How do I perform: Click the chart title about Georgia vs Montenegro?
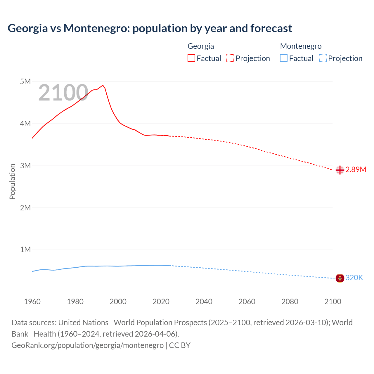pos(150,28)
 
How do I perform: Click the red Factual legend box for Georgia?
pos(191,58)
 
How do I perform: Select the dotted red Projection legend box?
pos(230,58)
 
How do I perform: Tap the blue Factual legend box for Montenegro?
pos(284,58)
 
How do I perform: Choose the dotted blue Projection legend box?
pos(323,58)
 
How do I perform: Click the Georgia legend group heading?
pos(201,46)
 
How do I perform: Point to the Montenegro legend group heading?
pos(301,46)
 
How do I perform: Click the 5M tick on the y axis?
pos(25,82)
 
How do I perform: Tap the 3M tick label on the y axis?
pos(25,166)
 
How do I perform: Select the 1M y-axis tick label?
pos(25,250)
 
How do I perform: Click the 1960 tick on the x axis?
pos(32,302)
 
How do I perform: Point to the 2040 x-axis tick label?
pos(204,302)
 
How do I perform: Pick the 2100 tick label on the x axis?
pos(333,302)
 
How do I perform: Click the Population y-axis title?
pos(12,181)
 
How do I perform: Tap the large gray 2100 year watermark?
pos(63,93)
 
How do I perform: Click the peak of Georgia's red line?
pos(103,85)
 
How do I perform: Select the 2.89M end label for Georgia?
pos(356,170)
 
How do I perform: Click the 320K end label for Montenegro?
pos(354,278)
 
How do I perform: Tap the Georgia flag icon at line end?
pos(340,170)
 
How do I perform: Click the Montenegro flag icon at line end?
pos(340,278)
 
